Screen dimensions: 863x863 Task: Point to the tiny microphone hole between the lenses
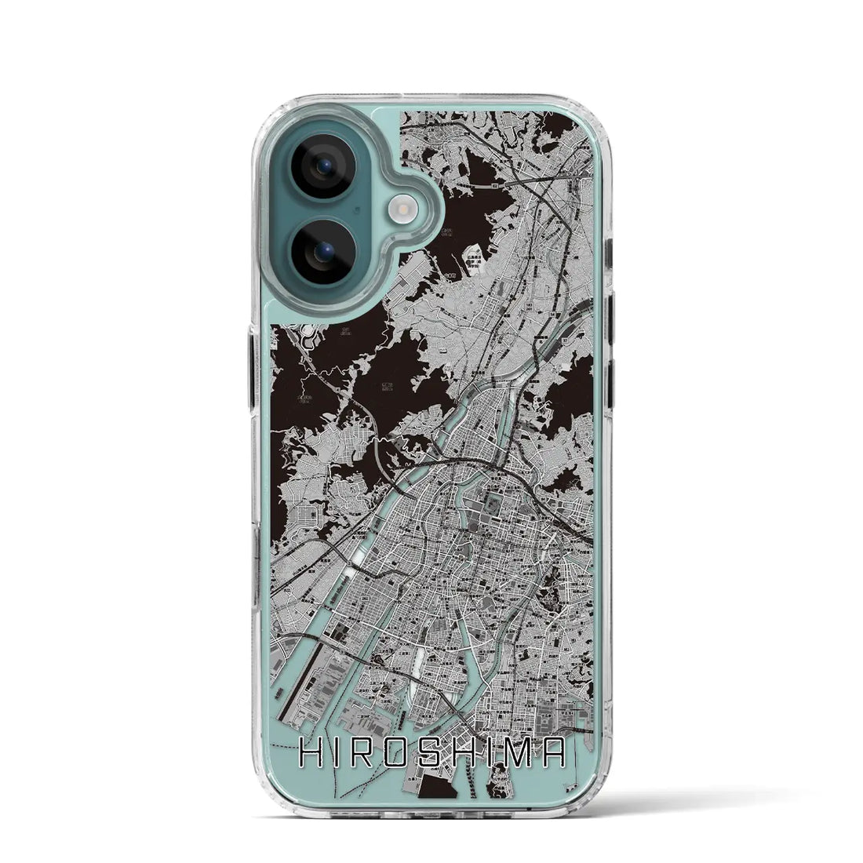tap(357, 210)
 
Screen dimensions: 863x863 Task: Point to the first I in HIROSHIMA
tap(338, 756)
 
